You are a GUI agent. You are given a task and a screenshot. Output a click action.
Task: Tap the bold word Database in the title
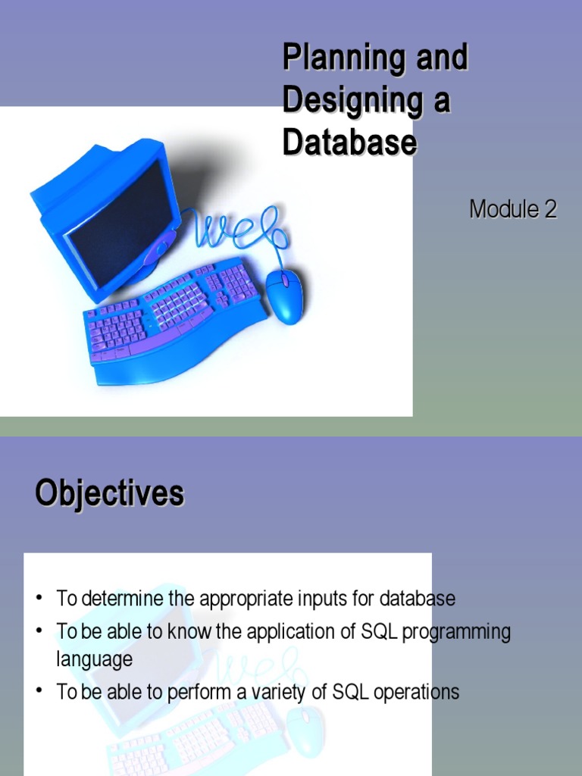point(349,143)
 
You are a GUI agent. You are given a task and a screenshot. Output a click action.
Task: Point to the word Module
point(503,209)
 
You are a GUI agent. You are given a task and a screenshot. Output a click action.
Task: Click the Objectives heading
point(110,493)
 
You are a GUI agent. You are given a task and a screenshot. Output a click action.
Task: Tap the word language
point(94,659)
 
